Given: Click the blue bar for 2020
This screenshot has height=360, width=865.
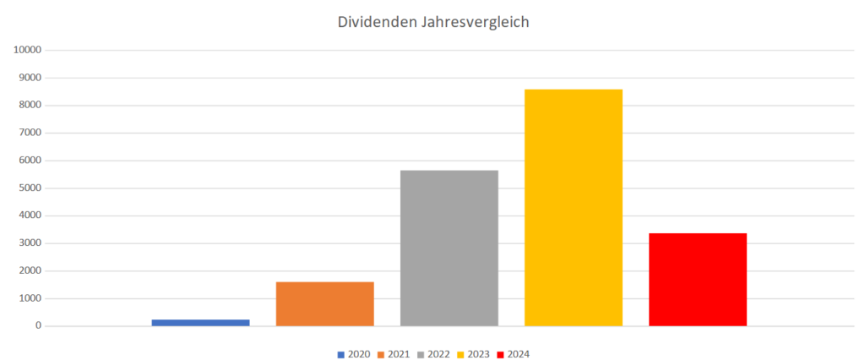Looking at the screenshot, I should [x=200, y=322].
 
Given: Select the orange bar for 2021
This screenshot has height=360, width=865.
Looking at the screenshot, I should [x=324, y=303].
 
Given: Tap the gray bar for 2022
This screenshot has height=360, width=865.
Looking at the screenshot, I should [x=449, y=248].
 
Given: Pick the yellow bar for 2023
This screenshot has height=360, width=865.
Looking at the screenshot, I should [x=573, y=207].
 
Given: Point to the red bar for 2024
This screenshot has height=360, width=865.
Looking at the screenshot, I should [x=697, y=279].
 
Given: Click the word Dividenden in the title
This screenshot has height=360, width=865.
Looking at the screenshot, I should [x=376, y=23].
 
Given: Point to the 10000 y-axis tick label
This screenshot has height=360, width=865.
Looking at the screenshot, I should [x=27, y=50].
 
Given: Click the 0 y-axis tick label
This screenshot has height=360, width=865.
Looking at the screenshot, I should [x=38, y=326].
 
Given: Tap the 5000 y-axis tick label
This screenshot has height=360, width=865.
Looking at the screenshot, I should [x=30, y=188].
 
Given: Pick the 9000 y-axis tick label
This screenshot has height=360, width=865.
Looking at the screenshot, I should [x=30, y=78].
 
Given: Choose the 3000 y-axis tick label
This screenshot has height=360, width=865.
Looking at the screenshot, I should [x=30, y=243].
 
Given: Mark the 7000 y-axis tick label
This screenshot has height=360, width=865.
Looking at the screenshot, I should [x=30, y=133].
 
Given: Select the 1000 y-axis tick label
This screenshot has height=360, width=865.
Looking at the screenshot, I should [x=30, y=298].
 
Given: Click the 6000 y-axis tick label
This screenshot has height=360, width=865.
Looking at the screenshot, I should [x=30, y=161].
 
